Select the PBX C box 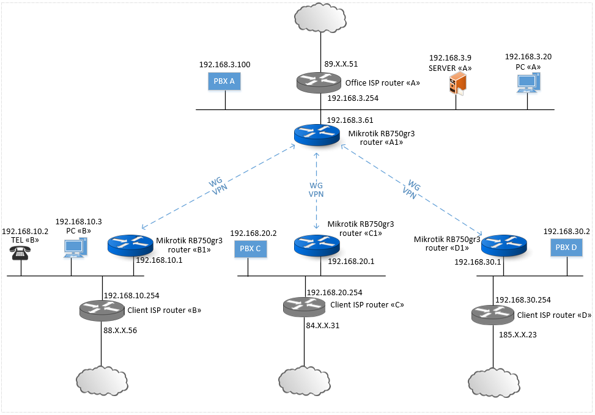coord(249,249)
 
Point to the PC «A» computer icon coord(528,83)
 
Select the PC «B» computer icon coord(75,248)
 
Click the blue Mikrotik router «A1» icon coord(316,135)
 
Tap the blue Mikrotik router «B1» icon coord(130,245)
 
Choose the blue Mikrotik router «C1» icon coord(317,245)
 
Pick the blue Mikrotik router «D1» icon coord(504,245)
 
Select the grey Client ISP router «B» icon coord(102,310)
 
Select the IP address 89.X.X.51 coord(341,63)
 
